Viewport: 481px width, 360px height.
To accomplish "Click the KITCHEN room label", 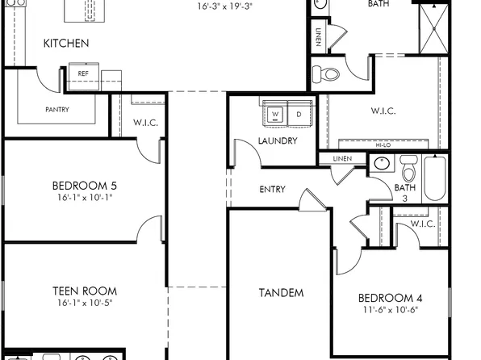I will pos(66,44).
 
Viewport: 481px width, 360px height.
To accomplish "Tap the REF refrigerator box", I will pos(83,73).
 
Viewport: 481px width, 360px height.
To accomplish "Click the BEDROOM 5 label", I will pos(85,184).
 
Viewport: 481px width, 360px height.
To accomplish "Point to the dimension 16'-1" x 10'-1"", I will pos(85,197).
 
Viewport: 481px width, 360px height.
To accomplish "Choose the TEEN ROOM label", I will pos(85,291).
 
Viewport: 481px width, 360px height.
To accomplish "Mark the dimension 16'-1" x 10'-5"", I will pos(85,304).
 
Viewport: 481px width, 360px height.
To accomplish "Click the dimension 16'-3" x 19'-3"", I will pos(225,6).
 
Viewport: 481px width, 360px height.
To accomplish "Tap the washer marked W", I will pos(275,115).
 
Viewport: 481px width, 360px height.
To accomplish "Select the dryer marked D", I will pos(298,115).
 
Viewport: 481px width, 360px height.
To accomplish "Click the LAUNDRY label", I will pos(278,140).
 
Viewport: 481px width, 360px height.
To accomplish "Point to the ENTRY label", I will pos(272,190).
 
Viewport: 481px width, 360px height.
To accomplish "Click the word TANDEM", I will pos(281,292).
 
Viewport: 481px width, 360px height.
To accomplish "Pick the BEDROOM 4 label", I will pos(391,298).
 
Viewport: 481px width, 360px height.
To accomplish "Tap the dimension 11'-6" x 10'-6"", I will pos(391,310).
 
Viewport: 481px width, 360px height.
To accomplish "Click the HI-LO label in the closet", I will pos(384,144).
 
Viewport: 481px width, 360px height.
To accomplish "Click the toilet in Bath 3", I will pos(408,171).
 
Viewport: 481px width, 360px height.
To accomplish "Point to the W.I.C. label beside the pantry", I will pos(145,123).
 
